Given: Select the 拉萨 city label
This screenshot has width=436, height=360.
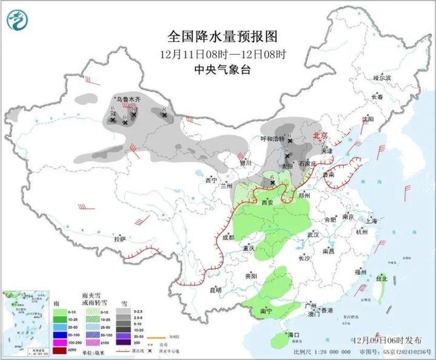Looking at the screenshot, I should (119, 239).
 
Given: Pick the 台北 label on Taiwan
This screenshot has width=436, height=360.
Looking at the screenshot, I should (381, 279).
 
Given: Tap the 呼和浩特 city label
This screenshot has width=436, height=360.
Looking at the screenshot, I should (272, 139).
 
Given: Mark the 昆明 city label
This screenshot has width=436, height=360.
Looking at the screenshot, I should (215, 290).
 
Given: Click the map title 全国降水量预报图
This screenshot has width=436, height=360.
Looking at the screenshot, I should (222, 38).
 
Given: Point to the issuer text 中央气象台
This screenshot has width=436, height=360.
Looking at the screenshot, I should (222, 69).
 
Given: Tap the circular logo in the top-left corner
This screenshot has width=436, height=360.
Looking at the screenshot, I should (18, 21).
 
